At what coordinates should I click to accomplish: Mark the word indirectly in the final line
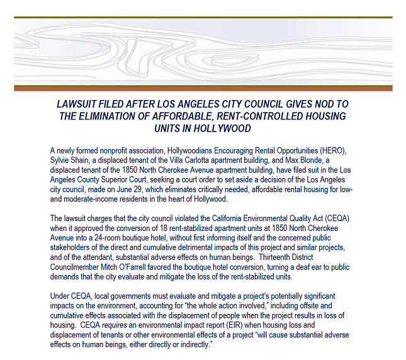pyautogui.click(x=185, y=346)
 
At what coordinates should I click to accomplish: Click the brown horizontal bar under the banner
pyautogui.click(x=203, y=88)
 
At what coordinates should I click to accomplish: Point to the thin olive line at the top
pyautogui.click(x=203, y=17)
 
